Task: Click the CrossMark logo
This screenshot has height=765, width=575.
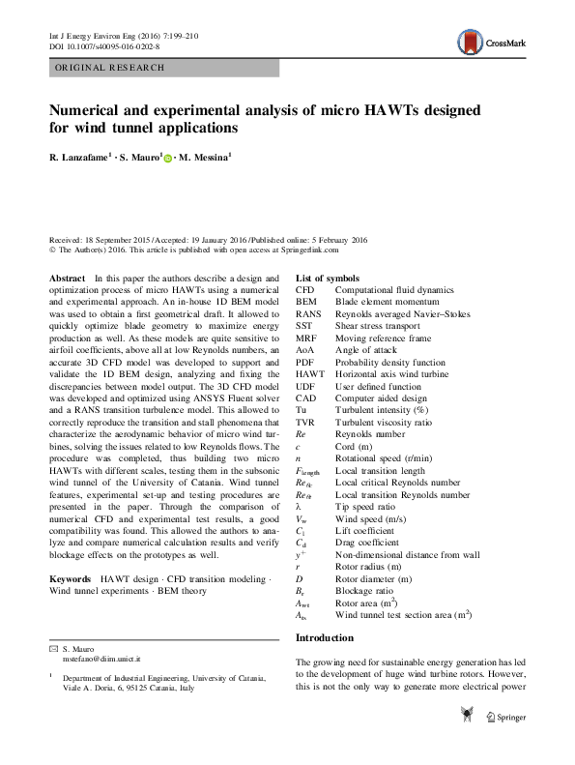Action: (x=492, y=40)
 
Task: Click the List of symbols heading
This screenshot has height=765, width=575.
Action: (x=331, y=278)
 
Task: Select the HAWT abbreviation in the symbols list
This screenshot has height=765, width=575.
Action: (x=309, y=373)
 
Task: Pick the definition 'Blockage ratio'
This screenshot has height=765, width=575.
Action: (x=366, y=590)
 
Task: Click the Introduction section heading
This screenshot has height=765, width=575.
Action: (x=327, y=638)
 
